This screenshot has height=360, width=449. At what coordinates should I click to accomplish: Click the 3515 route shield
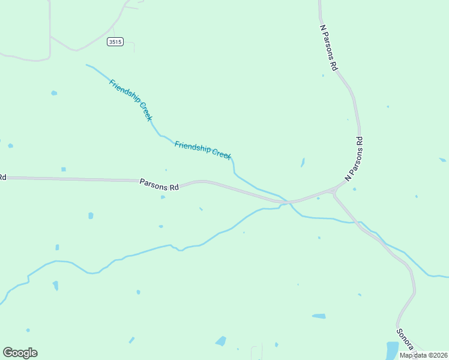click(x=116, y=41)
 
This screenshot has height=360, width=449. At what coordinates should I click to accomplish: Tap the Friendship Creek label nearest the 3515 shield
click(x=131, y=100)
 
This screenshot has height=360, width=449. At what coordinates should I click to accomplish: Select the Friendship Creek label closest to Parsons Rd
click(x=203, y=149)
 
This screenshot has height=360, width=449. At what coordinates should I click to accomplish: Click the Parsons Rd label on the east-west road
click(x=160, y=184)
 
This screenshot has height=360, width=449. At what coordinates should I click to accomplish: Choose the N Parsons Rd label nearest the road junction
click(x=355, y=159)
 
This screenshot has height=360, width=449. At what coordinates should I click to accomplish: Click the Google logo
click(x=20, y=353)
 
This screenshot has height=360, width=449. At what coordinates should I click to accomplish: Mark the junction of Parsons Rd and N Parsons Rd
click(x=334, y=191)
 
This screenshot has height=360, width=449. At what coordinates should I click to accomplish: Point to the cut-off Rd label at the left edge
click(x=2, y=177)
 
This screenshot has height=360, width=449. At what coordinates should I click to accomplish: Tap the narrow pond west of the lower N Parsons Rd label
click(x=303, y=163)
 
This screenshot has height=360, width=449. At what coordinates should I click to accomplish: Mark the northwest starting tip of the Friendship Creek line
click(x=86, y=65)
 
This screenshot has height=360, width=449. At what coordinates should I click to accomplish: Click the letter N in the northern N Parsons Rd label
click(x=322, y=28)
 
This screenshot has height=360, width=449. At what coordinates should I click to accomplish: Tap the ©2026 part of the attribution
click(x=436, y=355)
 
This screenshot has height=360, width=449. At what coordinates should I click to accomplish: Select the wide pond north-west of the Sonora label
click(x=319, y=316)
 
